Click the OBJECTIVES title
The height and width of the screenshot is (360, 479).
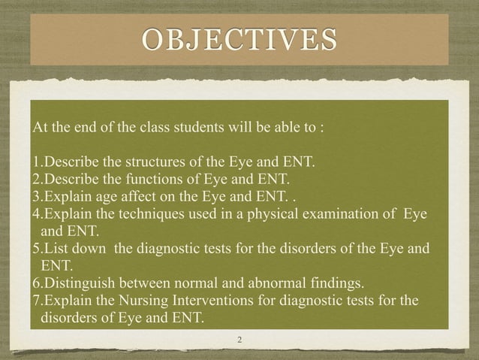[239, 37]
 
